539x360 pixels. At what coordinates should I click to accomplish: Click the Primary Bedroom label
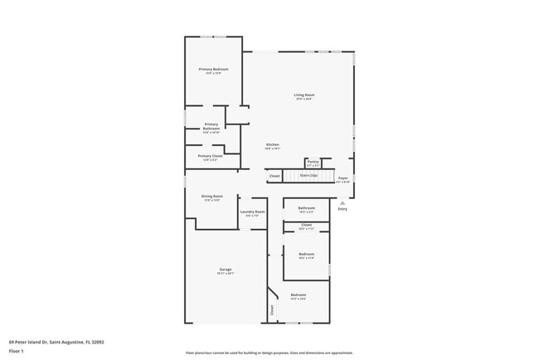point(213,69)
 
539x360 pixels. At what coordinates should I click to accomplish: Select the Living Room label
point(303,95)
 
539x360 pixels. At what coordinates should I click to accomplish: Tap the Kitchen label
point(272,145)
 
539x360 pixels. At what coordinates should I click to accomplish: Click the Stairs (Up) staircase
point(308,175)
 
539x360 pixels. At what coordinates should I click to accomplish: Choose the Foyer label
point(342,178)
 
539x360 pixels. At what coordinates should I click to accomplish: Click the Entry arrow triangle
point(342,202)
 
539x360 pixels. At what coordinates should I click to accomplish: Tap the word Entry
point(342,208)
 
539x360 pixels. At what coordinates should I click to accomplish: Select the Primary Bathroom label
point(211,126)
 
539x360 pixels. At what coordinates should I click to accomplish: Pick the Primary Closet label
point(210,155)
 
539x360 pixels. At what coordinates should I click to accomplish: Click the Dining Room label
point(212,196)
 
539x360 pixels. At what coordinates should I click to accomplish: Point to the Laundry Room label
point(253,212)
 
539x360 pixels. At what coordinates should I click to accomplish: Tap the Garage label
point(225,270)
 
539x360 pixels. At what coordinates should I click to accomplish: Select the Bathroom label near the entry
point(306,207)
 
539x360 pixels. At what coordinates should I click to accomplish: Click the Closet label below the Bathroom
point(306,224)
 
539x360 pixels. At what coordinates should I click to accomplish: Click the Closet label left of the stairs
point(274,176)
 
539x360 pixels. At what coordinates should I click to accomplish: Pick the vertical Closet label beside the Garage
point(272,311)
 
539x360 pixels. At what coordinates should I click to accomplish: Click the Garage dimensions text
point(225,274)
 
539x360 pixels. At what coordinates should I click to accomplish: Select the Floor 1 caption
point(17,350)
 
